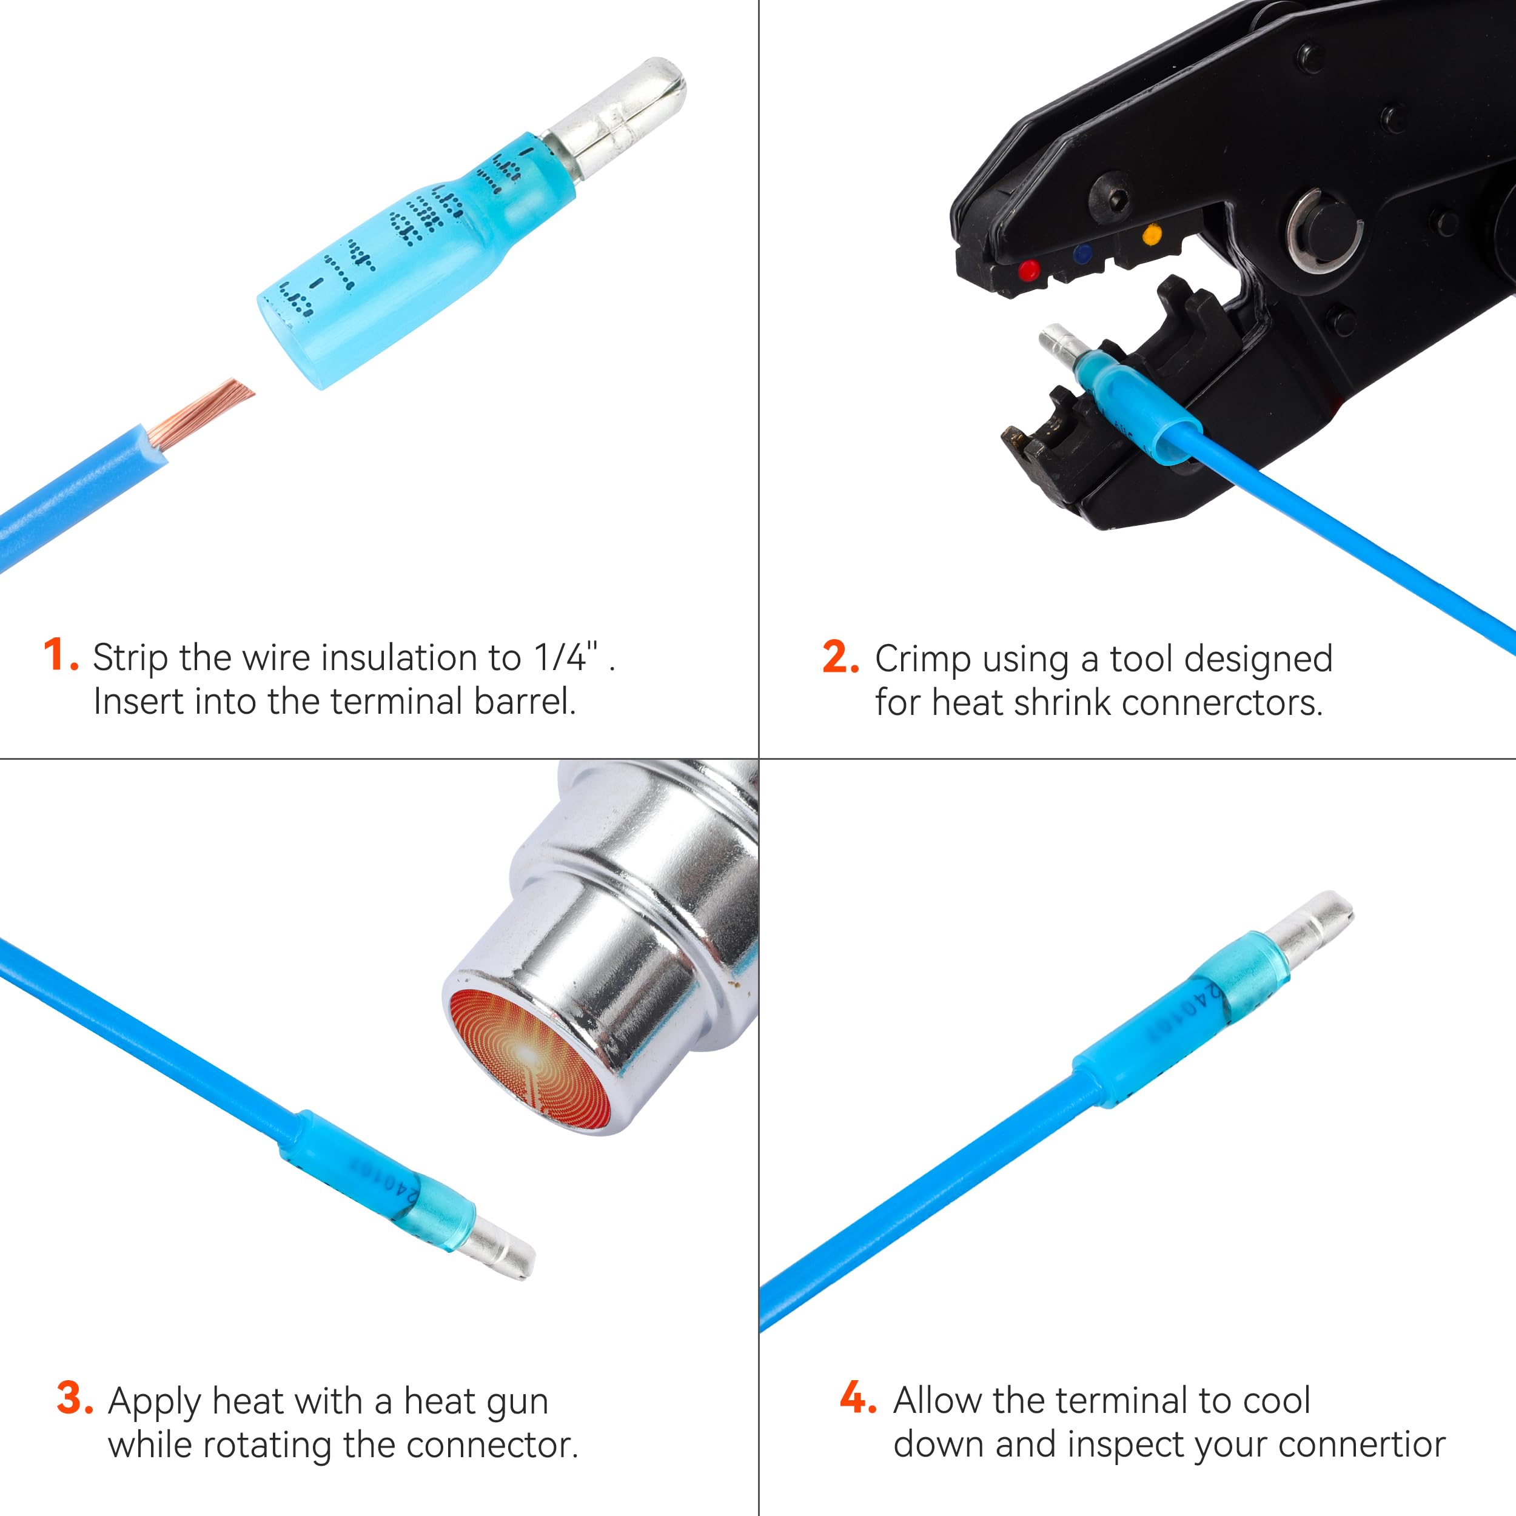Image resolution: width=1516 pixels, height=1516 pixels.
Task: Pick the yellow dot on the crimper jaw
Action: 1152,234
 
